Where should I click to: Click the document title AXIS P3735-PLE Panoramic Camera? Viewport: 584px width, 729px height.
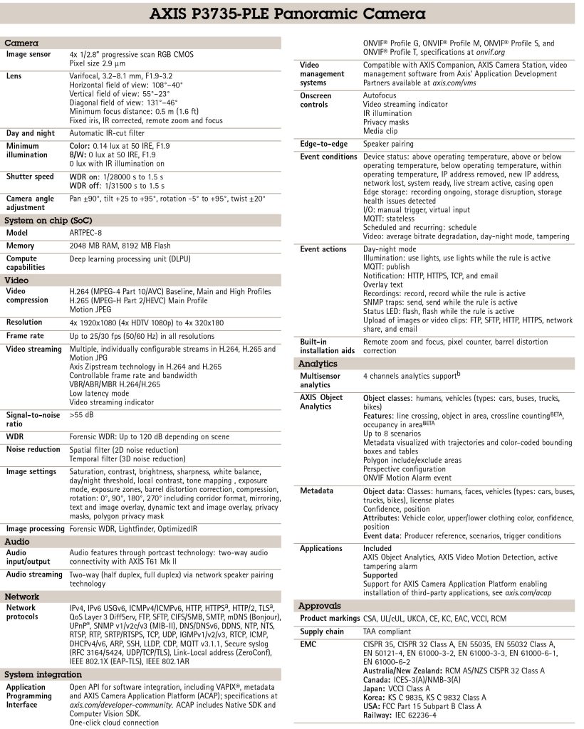[291, 14]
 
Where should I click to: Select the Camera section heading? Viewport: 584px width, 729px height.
[22, 43]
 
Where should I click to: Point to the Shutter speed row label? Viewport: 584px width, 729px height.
[30, 177]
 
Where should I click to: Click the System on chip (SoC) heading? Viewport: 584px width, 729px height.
[48, 220]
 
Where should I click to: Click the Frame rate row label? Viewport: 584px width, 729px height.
[25, 335]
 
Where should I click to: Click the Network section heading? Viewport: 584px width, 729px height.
[22, 596]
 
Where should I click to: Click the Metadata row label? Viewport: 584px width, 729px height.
[316, 491]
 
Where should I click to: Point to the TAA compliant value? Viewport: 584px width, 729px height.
[389, 631]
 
